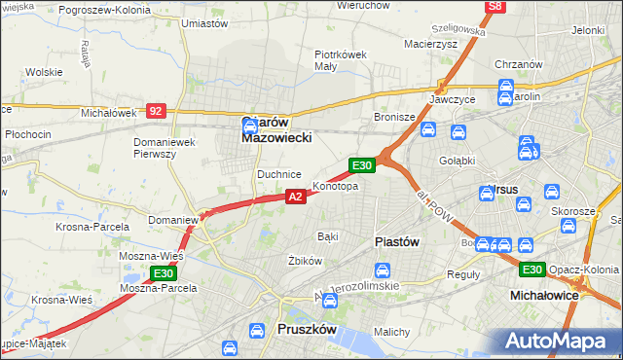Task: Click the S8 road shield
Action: pos(495,7)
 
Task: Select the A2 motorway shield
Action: pos(297,197)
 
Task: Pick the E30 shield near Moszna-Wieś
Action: pos(165,273)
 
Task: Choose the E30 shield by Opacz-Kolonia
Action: pos(531,270)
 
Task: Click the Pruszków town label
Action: pos(307,330)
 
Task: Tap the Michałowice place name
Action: pos(545,294)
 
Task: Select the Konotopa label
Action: pos(335,186)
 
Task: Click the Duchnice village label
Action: pos(279,174)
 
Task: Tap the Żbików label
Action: pos(305,261)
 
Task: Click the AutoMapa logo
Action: pos(559,341)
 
